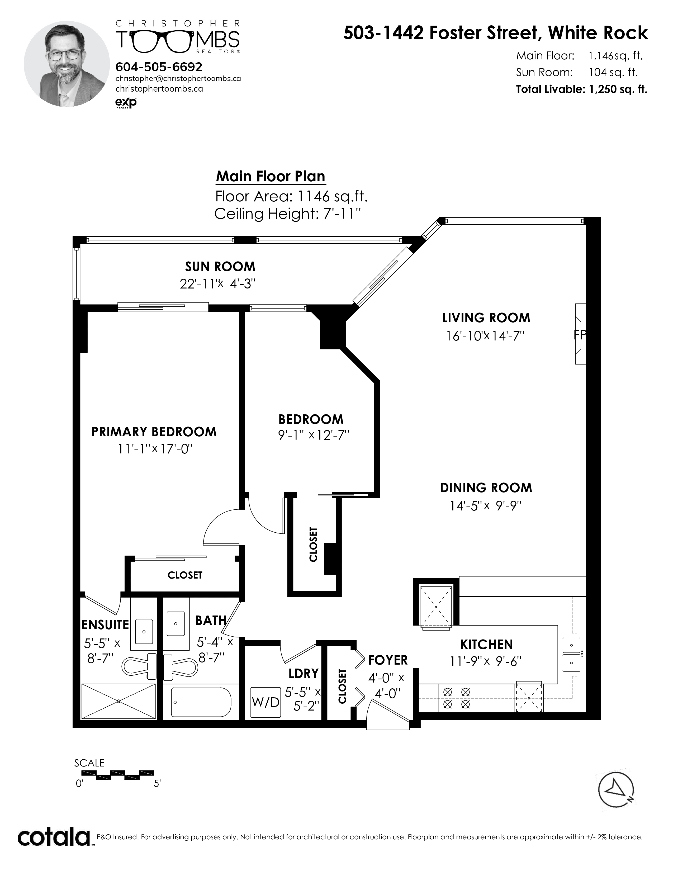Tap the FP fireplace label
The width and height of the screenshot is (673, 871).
(x=580, y=335)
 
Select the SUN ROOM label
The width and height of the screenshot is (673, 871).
(x=220, y=266)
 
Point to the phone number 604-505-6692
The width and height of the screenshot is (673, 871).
(x=159, y=67)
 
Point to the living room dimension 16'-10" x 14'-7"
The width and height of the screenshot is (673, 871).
(x=485, y=335)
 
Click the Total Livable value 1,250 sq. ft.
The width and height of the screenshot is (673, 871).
(x=618, y=89)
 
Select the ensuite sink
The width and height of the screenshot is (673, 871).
(x=144, y=632)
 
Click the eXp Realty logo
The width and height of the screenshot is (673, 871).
(x=126, y=102)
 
